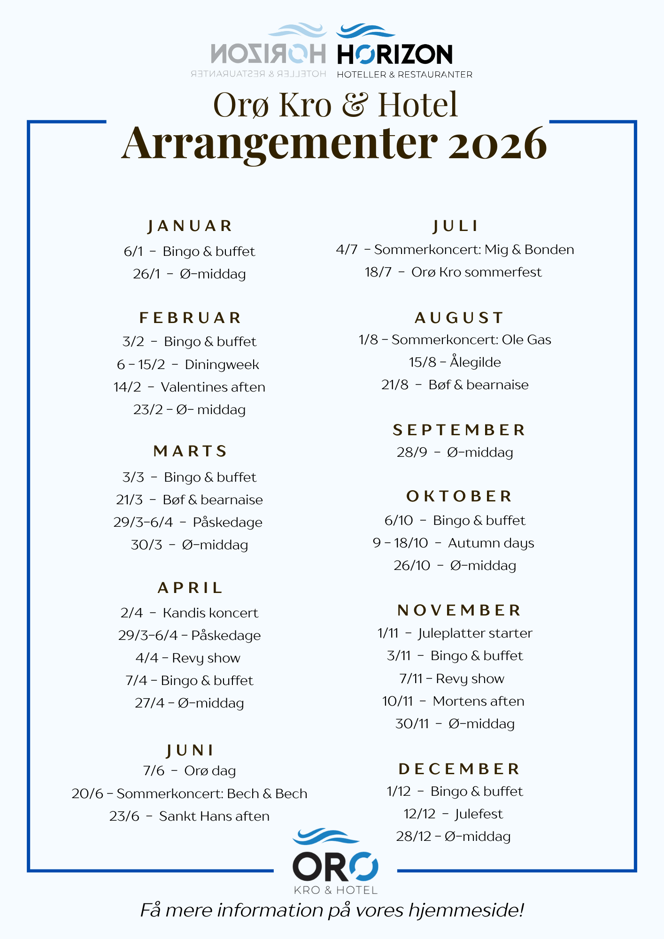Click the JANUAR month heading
[190, 226]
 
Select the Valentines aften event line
[189, 387]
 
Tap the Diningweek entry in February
[188, 364]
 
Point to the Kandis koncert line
[189, 613]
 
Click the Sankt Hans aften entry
[189, 816]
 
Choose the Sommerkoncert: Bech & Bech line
[189, 793]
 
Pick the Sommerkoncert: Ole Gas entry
[455, 339]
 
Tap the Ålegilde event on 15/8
[455, 362]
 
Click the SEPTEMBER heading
[459, 430]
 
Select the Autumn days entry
[454, 543]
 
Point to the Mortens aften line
[453, 701]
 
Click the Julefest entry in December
[453, 814]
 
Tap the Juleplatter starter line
[455, 633]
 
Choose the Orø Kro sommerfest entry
[453, 272]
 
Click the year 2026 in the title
[497, 143]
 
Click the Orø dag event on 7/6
[189, 770]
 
